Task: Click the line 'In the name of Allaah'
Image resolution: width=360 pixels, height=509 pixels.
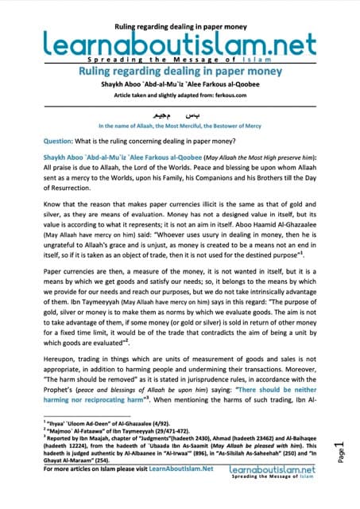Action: point(179,126)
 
